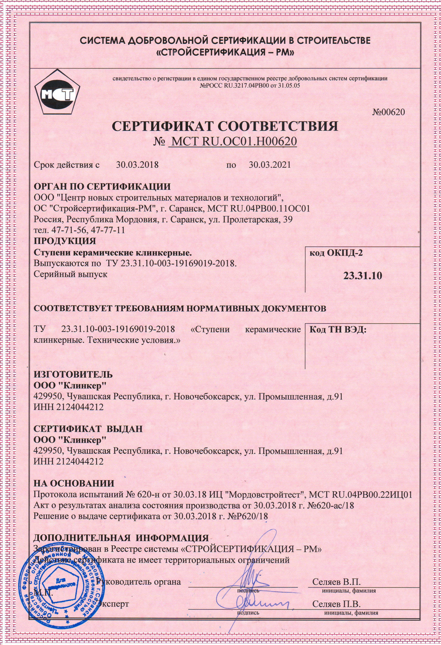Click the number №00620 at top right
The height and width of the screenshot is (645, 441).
coord(388,112)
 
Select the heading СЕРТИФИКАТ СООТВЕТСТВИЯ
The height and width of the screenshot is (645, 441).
coord(225,126)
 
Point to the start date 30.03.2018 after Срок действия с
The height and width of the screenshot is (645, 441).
coord(137,165)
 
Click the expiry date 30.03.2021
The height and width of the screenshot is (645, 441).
coord(270,165)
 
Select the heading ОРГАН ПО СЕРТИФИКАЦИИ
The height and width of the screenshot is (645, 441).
coord(102,187)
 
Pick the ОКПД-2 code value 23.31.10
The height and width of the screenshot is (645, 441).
coord(363,276)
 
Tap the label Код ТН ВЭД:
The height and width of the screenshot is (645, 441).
coord(337,330)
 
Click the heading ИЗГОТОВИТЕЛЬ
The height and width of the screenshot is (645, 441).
coord(73,374)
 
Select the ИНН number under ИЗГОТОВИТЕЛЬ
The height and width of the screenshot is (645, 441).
coord(68,407)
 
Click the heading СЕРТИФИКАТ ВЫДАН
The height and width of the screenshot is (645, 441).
coord(88,429)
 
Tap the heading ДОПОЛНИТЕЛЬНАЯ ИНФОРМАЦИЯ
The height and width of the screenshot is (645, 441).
coord(121,538)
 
